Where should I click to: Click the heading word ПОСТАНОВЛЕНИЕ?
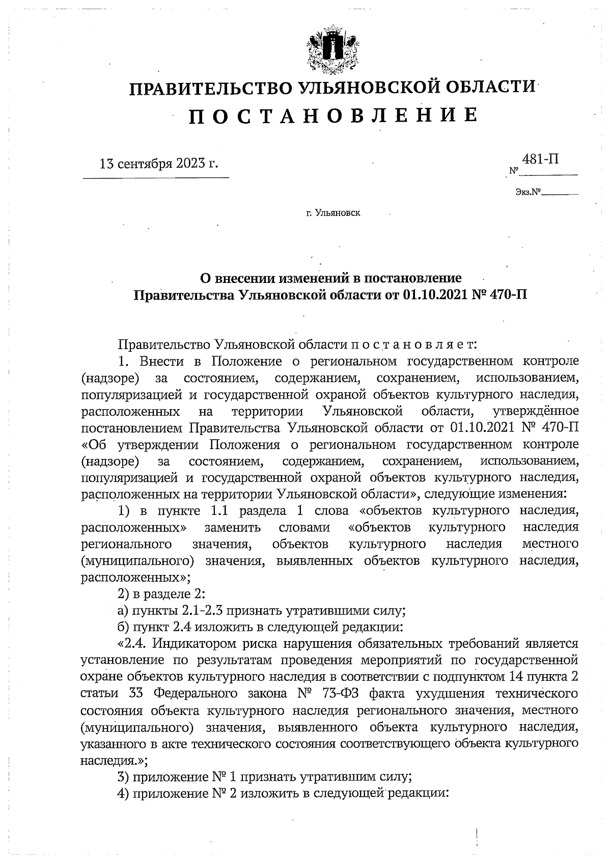[x=334, y=116]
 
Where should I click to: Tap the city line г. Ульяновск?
[x=333, y=213]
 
